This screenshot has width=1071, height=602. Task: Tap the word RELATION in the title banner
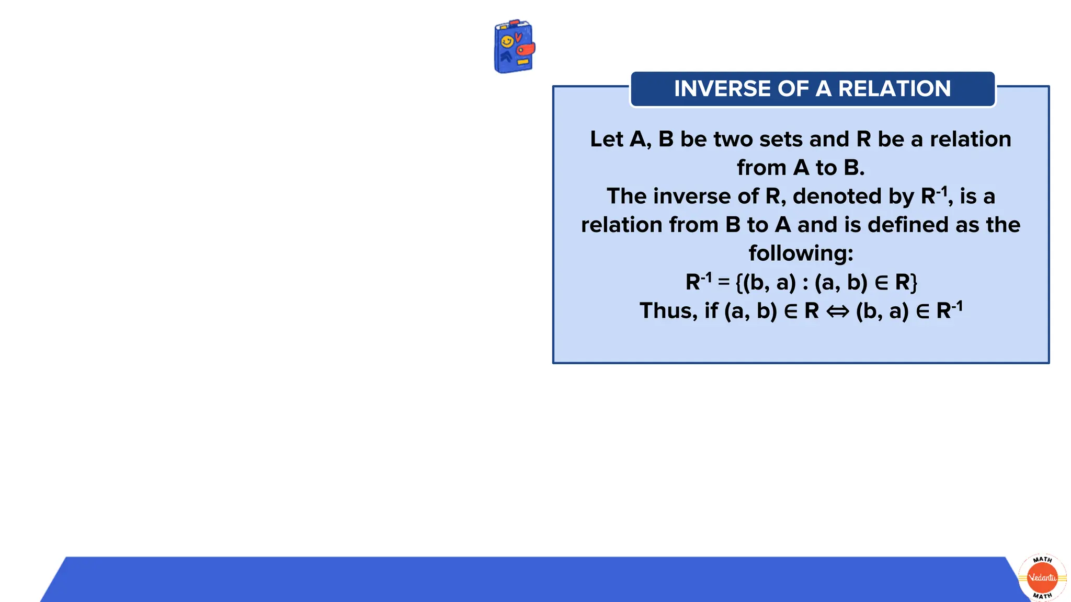click(894, 89)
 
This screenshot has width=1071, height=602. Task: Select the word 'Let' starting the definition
click(607, 139)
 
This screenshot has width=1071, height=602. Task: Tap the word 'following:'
click(801, 253)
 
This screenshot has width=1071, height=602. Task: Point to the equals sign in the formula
click(724, 282)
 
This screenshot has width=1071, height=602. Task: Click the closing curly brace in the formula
click(913, 283)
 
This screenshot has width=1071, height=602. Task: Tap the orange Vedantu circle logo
click(1042, 577)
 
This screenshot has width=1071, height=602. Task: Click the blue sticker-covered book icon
click(514, 47)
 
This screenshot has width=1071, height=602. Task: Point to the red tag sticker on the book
click(526, 50)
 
